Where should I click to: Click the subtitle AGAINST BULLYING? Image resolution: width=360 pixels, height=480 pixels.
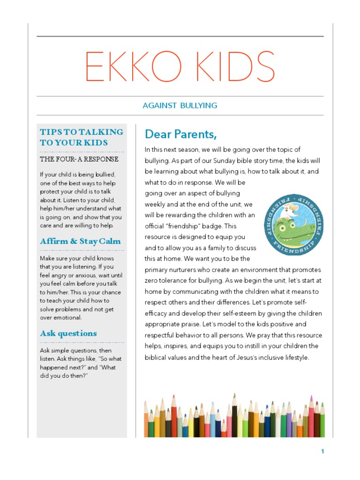coord(180,105)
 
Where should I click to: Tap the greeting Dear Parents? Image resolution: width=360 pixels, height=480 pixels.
coord(181,135)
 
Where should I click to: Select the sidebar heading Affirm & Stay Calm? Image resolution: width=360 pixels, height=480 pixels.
coord(80,241)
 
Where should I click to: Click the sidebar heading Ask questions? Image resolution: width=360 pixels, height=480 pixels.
coord(68,333)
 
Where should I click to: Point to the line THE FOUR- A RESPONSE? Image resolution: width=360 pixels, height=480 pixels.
coord(79,159)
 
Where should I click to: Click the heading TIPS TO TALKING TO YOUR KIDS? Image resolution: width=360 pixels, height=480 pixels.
coord(82,137)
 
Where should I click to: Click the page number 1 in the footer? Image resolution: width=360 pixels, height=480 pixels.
coord(322,451)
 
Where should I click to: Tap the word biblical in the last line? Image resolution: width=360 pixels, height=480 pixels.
coord(158,357)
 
